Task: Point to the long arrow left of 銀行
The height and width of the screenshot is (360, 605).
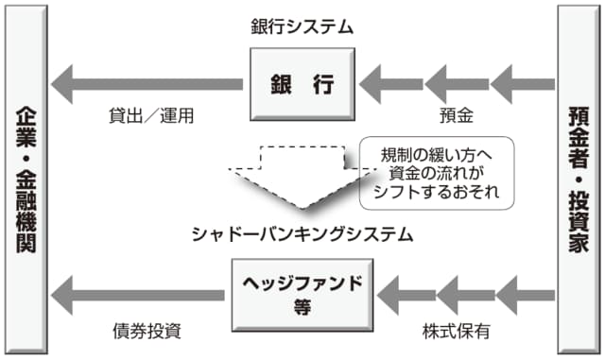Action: click(147, 84)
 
